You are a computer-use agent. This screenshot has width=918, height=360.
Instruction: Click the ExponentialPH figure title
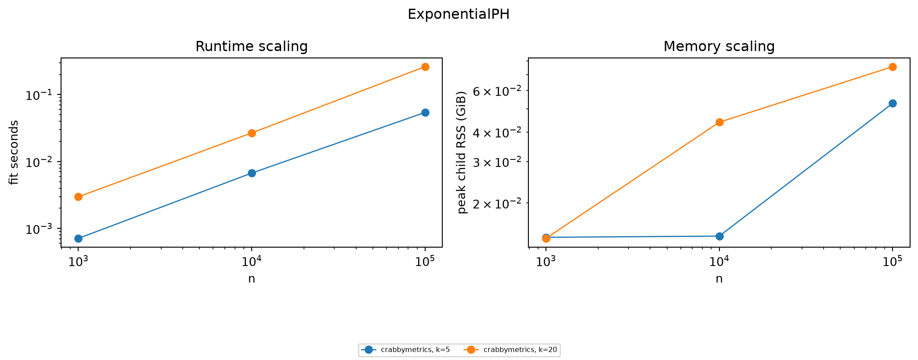459,14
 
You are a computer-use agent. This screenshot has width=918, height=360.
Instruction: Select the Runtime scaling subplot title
251,47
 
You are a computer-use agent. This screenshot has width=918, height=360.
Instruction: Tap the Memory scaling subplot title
719,47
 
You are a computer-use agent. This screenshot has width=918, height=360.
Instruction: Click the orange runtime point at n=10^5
425,67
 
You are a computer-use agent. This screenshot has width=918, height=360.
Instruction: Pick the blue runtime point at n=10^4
252,173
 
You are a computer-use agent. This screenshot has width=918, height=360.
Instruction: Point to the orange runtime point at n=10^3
78,197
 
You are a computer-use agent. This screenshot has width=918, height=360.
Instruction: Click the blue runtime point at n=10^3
78,238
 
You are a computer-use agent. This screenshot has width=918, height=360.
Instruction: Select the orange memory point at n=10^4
719,122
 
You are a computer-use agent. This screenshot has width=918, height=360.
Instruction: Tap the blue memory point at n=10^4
719,236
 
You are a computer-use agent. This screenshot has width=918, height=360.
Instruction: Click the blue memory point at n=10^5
893,104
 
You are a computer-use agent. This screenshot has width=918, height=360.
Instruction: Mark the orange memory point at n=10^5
893,67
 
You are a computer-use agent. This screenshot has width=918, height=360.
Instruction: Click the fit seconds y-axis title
14,152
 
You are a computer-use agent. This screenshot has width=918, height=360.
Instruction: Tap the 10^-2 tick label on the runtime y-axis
41,162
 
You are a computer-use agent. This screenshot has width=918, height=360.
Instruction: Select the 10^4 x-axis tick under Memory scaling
719,262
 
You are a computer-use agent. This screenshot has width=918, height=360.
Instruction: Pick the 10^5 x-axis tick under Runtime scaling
425,262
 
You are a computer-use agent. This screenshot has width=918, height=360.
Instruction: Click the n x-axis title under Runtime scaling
252,279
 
